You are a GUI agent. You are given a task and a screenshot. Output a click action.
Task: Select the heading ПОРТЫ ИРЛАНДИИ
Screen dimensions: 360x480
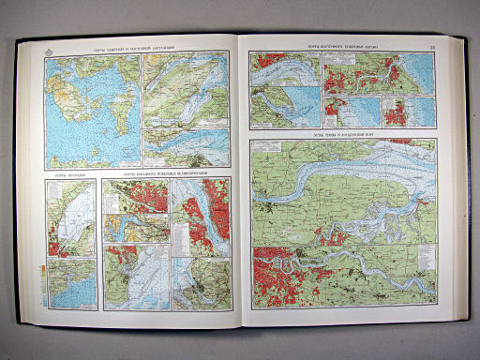pos(68,175)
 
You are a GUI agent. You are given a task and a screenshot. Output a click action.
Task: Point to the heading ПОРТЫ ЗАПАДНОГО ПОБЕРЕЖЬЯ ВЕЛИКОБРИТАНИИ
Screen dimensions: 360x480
pos(165,173)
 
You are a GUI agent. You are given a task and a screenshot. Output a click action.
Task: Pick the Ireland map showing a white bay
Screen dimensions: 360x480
pos(72,217)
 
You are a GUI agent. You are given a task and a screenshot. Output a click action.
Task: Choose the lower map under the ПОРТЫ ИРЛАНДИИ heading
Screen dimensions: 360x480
pos(72,280)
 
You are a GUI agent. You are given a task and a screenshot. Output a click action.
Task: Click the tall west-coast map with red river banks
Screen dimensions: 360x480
pos(200,217)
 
